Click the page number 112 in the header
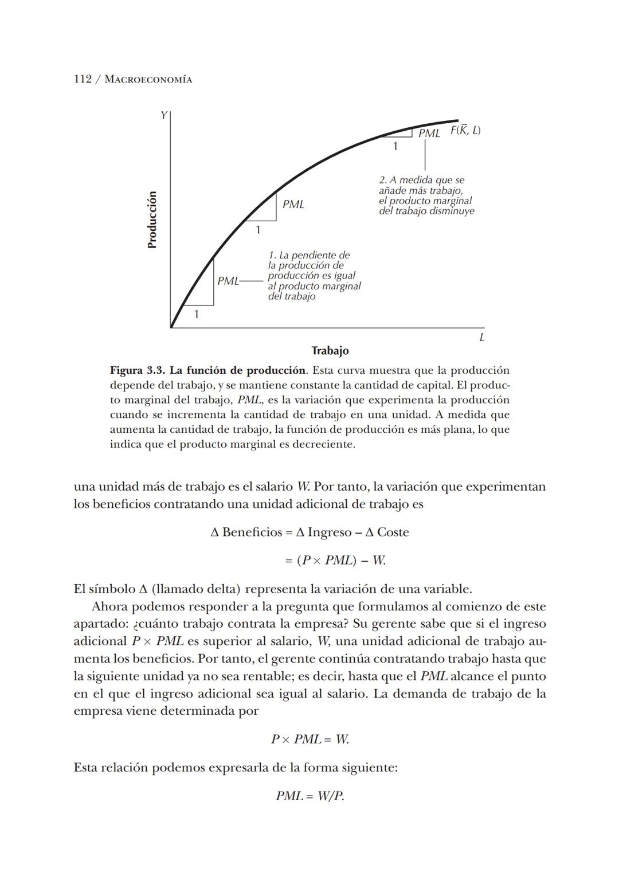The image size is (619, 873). pyautogui.click(x=83, y=79)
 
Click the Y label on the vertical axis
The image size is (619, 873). pyautogui.click(x=163, y=115)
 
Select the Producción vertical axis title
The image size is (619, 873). pyautogui.click(x=152, y=220)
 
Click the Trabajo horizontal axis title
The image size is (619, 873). pyautogui.click(x=330, y=350)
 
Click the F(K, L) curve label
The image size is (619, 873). pyautogui.click(x=465, y=130)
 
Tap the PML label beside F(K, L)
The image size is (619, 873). pyautogui.click(x=429, y=134)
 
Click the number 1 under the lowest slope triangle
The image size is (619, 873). pyautogui.click(x=196, y=314)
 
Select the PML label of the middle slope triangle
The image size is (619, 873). pyautogui.click(x=293, y=204)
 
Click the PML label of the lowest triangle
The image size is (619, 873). pyautogui.click(x=228, y=281)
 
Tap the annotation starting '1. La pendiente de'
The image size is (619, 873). pyautogui.click(x=314, y=275)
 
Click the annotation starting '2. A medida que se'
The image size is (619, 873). pyautogui.click(x=426, y=195)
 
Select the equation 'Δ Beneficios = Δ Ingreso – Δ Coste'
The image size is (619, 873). pyautogui.click(x=309, y=532)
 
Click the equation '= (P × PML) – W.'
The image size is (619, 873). pyautogui.click(x=335, y=560)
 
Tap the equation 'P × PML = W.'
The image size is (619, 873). pyautogui.click(x=309, y=739)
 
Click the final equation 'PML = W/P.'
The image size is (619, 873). pyautogui.click(x=309, y=796)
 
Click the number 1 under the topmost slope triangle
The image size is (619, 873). pyautogui.click(x=395, y=146)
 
